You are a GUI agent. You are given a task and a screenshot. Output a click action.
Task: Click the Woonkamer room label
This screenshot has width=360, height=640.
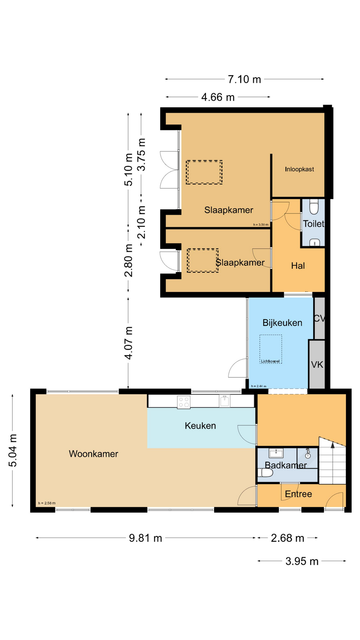[93, 454]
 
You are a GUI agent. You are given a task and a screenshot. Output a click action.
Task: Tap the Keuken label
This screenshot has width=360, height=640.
[200, 426]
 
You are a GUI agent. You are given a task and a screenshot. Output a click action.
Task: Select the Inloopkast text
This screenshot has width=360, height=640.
[299, 169]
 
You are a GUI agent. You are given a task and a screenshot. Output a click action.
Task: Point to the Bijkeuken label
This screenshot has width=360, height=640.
[282, 323]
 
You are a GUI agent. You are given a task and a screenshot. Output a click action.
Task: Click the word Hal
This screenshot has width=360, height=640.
[298, 266]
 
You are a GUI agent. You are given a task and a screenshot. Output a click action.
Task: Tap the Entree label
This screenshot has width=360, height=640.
[298, 494]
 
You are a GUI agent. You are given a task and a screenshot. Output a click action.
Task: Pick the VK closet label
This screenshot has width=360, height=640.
[317, 365]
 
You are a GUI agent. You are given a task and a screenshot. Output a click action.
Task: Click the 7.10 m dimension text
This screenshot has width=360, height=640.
[244, 79]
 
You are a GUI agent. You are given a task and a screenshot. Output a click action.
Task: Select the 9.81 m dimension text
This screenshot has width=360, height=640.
[145, 538]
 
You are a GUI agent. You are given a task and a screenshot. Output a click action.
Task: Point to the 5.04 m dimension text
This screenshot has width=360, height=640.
[13, 450]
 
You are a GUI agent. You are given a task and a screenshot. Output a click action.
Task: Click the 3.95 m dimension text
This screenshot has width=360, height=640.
[302, 561]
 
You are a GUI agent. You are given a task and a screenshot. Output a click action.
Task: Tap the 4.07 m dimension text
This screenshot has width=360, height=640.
[129, 343]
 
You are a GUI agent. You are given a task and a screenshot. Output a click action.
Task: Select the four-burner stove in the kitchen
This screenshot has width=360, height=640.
[184, 402]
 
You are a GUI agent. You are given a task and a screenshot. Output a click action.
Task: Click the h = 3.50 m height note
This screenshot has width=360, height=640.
[261, 225]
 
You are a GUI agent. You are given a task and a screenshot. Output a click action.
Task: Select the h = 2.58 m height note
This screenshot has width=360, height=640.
[47, 503]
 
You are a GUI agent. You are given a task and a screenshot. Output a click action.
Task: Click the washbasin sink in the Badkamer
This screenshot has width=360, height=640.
[276, 453]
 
